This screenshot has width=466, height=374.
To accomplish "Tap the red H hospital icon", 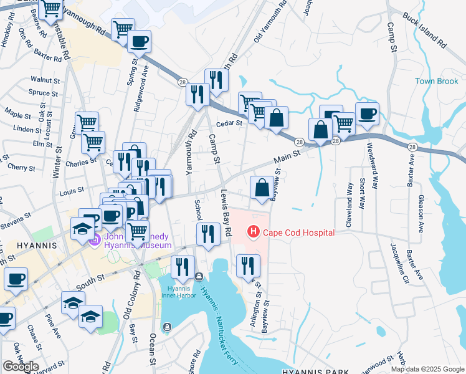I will click(254, 233).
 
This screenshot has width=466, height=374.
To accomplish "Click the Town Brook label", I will click(437, 82).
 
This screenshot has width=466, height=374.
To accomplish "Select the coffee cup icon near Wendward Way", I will click(367, 114).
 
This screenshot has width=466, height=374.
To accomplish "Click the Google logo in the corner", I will click(21, 367).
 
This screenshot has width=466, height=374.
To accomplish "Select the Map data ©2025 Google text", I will click(427, 369).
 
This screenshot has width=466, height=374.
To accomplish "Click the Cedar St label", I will click(229, 123).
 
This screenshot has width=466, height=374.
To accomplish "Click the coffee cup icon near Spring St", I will click(138, 42).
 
